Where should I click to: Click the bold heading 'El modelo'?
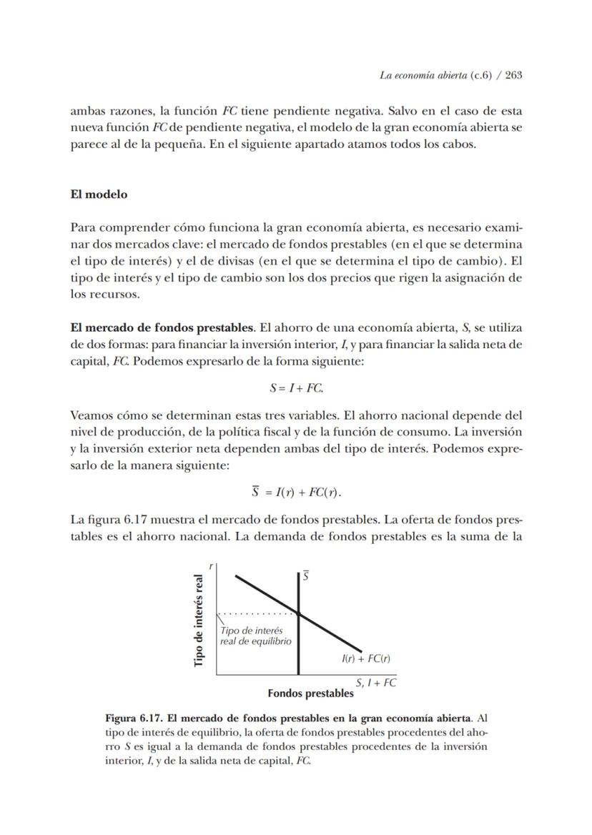[99, 194]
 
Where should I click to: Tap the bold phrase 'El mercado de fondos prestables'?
[162, 328]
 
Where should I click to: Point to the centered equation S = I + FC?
[296, 388]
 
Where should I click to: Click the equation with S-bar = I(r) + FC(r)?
[296, 493]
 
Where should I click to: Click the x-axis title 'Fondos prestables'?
[310, 693]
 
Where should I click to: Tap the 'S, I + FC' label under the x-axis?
[376, 682]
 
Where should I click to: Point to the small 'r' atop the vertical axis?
[211, 565]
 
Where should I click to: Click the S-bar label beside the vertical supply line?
[305, 575]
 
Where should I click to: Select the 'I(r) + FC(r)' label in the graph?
[366, 658]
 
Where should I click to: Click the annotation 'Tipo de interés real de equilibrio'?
[255, 636]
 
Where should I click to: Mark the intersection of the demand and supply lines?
[298, 613]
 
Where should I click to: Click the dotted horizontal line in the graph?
[257, 613]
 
